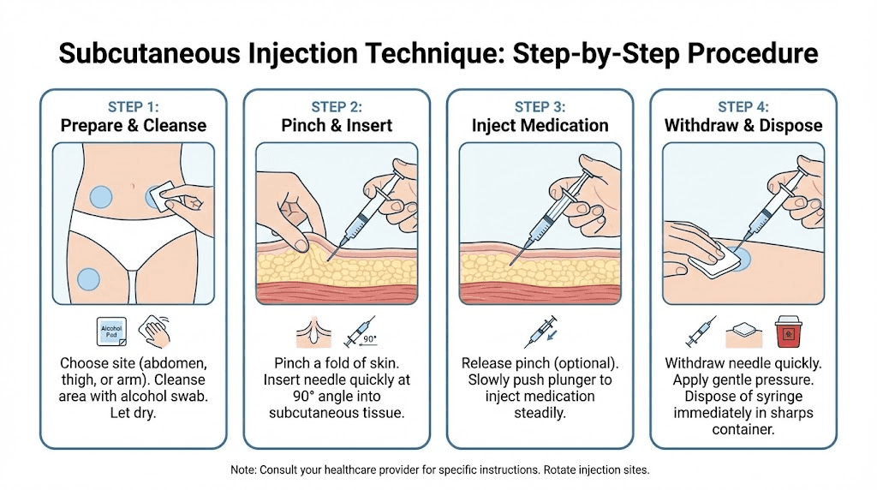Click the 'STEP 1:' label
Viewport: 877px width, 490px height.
(x=133, y=106)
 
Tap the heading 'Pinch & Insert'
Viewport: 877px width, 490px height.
(x=337, y=125)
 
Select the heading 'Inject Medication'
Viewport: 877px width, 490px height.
(x=540, y=125)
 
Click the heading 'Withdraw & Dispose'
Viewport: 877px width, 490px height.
(x=743, y=125)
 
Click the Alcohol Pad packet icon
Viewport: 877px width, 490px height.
(x=113, y=331)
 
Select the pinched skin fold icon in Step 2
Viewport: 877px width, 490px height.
(x=313, y=331)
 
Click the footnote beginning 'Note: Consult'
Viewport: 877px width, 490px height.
(x=438, y=470)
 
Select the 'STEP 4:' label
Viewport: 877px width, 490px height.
(x=743, y=106)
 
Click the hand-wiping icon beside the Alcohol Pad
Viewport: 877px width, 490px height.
(x=154, y=331)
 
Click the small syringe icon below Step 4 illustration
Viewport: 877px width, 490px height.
(x=701, y=331)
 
